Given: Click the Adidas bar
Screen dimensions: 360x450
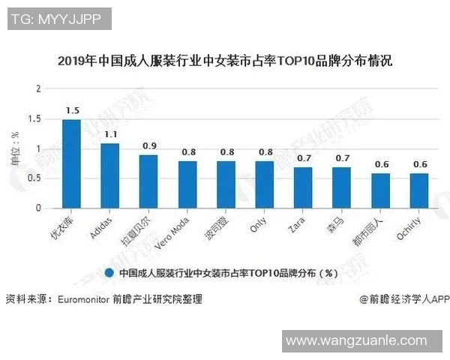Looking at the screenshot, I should pyautogui.click(x=110, y=175).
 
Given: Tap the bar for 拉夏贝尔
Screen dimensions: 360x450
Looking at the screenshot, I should pyautogui.click(x=148, y=181).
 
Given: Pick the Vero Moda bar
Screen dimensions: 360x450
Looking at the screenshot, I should pyautogui.click(x=187, y=184).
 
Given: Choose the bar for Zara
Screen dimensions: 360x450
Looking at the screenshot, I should pyautogui.click(x=303, y=187).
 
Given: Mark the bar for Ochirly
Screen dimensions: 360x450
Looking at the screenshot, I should pyautogui.click(x=418, y=190).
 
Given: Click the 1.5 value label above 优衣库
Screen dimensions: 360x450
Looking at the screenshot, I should pyautogui.click(x=72, y=111).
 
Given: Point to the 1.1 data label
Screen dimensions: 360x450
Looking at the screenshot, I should pyautogui.click(x=111, y=134).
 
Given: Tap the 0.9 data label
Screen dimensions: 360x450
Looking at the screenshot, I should pyautogui.click(x=149, y=145).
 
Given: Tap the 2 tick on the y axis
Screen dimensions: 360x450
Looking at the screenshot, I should pyautogui.click(x=39, y=89).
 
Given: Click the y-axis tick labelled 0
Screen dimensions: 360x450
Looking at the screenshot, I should pyautogui.click(x=39, y=208).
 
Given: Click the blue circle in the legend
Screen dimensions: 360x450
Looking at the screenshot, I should pyautogui.click(x=109, y=274).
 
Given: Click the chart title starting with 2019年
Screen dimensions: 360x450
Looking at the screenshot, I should pyautogui.click(x=225, y=61).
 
